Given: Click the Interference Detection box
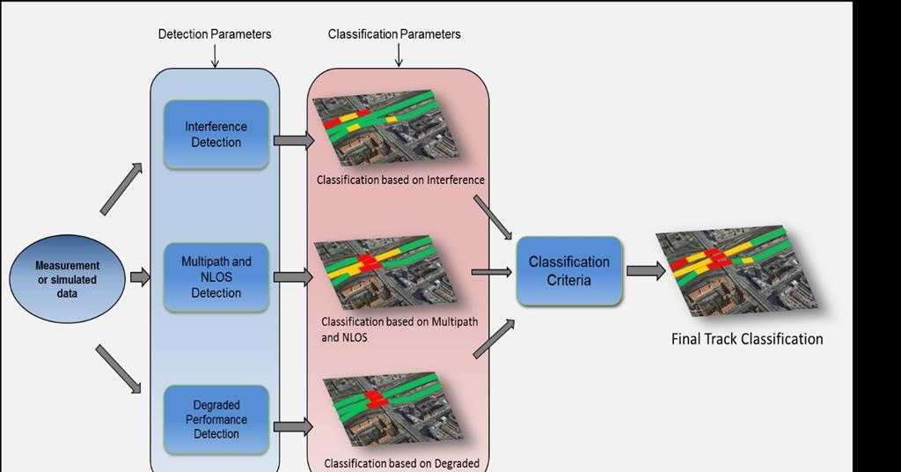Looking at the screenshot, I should [216, 135].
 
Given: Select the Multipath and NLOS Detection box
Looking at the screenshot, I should [216, 277].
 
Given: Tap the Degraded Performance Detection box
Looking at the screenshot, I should [216, 419].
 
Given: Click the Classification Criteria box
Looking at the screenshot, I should [568, 271].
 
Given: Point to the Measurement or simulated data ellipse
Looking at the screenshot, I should [67, 279].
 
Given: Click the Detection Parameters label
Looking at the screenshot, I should [215, 34].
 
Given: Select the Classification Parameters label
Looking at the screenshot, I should [394, 34].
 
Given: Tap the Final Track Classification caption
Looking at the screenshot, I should [747, 339].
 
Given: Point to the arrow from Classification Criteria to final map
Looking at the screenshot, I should [645, 271].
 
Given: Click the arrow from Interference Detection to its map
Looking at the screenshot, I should [293, 140].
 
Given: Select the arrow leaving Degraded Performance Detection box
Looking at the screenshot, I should [293, 426].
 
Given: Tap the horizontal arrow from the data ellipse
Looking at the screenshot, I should [140, 278].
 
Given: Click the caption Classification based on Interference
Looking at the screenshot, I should [400, 181].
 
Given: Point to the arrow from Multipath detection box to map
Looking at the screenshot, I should [293, 277].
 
